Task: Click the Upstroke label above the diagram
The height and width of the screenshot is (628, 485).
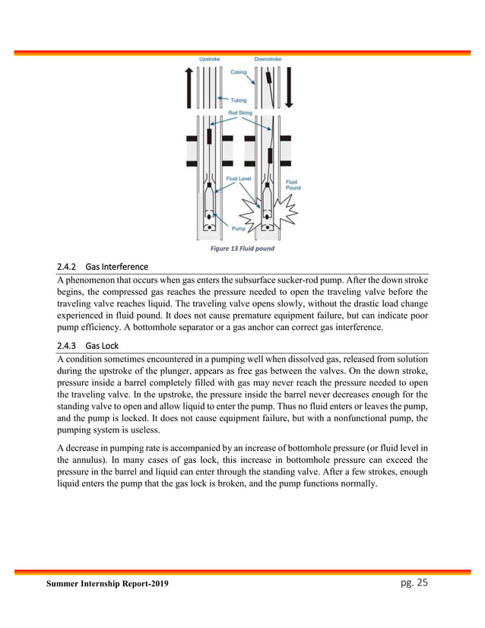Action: coord(211,59)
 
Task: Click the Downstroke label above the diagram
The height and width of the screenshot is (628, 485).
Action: coord(268,59)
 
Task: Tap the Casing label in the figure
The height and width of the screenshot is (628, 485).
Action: coord(238,73)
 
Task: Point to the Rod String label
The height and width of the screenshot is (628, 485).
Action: coord(240,113)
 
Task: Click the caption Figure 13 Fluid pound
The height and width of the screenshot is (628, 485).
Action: coord(242,248)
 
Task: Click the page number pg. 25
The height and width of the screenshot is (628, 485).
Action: coord(411,582)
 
